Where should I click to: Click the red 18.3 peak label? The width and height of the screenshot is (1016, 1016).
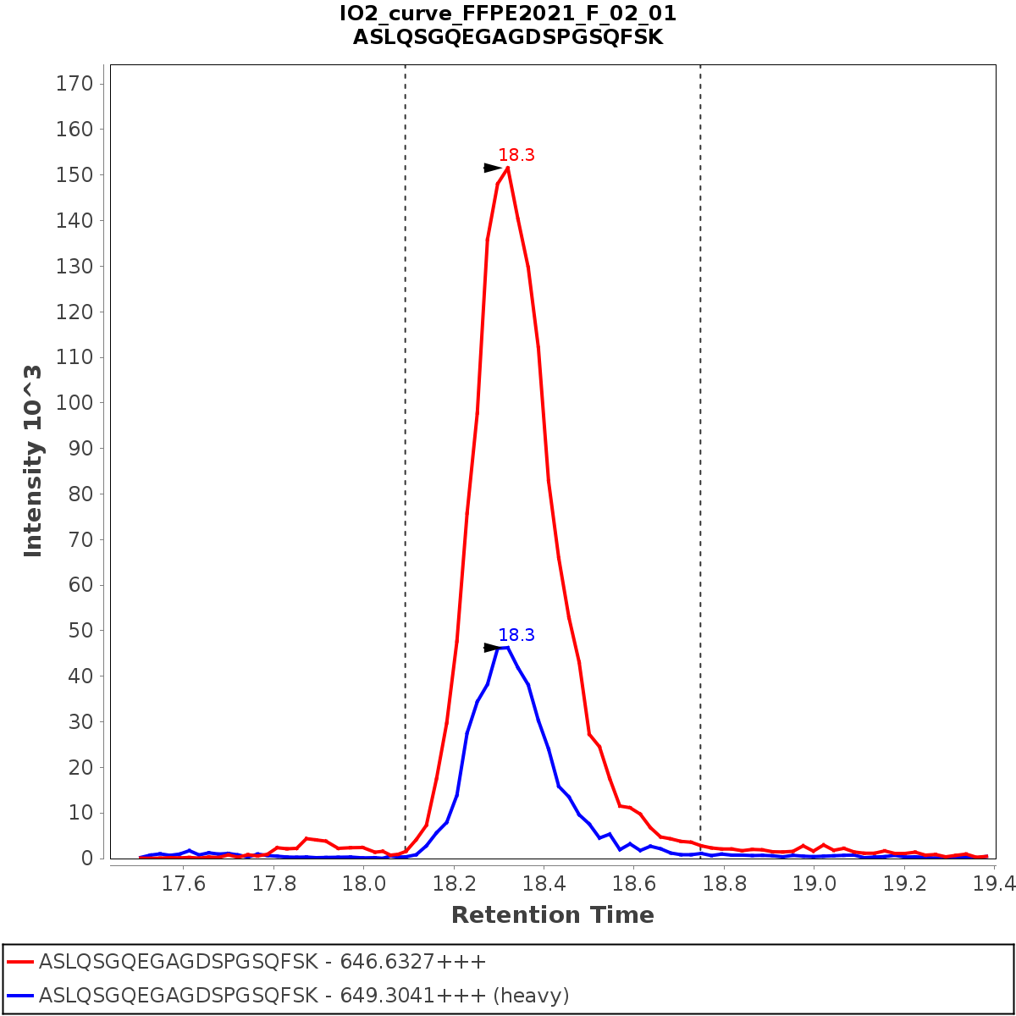(516, 155)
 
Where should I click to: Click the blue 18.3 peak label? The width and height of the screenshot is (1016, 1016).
(516, 635)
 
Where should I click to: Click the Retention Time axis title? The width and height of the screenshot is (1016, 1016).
(552, 915)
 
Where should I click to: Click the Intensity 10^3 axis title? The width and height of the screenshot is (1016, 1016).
(33, 461)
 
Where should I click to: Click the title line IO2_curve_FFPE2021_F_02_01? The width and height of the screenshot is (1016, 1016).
(508, 14)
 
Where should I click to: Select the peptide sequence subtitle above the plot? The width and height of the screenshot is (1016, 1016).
(508, 37)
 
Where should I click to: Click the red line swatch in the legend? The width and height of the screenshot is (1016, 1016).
(20, 963)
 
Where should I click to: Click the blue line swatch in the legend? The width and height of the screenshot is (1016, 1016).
(20, 995)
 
